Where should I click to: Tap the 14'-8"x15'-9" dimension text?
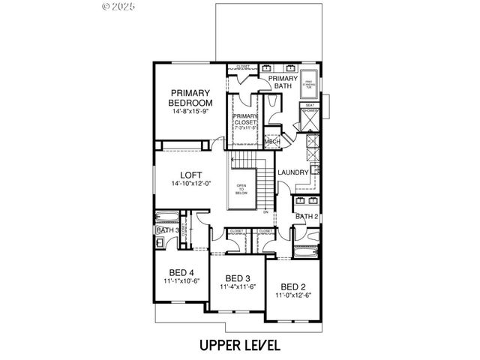coord(190,111)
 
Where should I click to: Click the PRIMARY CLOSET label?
coord(245,121)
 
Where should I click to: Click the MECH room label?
coord(271,141)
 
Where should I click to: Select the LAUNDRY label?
coord(292,172)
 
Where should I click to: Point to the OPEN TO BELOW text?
coord(241,189)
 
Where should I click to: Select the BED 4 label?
coord(182,271)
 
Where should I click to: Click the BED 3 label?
coord(238,277)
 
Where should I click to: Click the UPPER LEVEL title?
coord(239,345)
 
